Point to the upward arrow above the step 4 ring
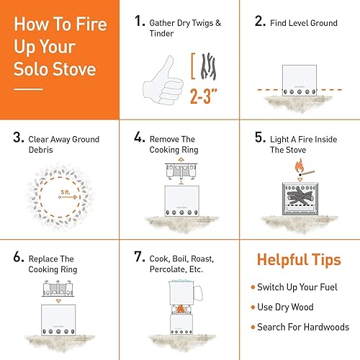pyautogui.click(x=181, y=158)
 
